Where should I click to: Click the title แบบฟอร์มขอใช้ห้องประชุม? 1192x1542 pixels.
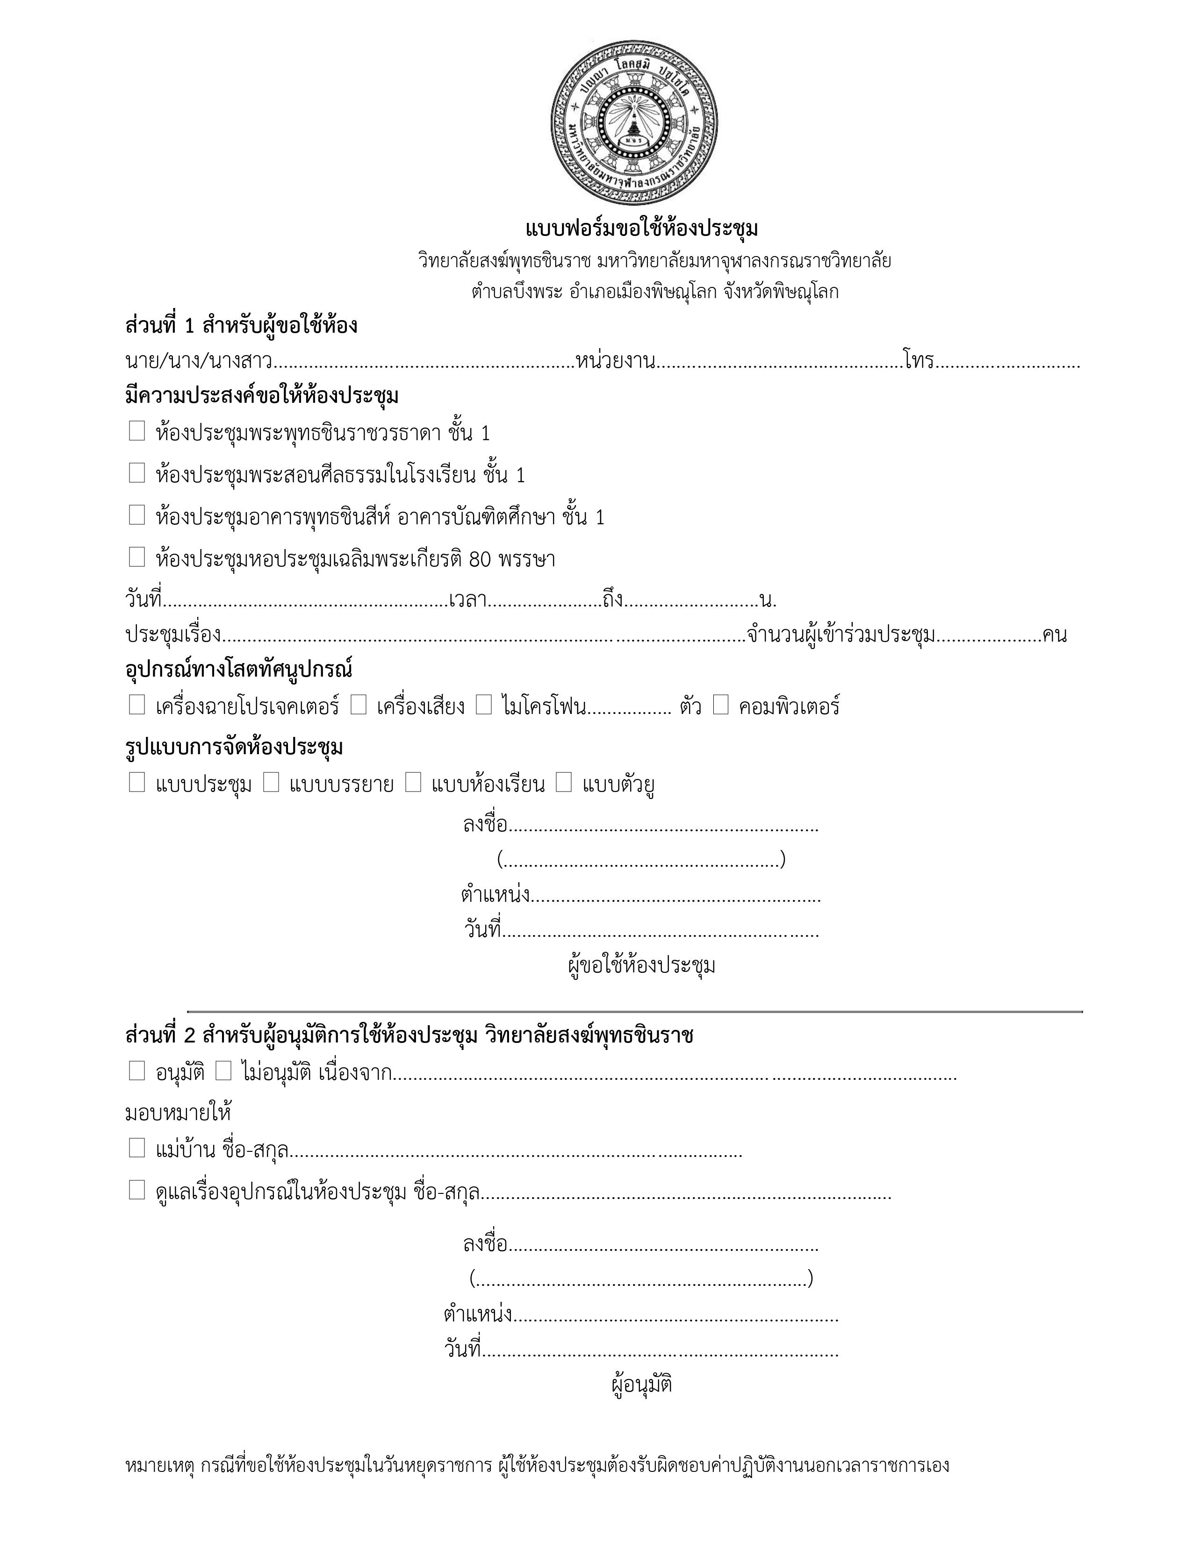641,229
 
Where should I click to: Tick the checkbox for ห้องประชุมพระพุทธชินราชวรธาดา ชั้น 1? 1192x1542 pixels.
137,431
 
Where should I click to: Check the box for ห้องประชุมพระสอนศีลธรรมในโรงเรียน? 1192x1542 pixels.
137,472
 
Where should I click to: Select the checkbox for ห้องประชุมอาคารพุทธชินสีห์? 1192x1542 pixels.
137,515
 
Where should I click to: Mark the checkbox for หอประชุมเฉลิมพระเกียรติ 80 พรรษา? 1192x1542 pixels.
137,557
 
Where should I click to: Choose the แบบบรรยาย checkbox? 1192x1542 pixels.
271,782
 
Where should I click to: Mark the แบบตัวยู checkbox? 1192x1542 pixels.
564,782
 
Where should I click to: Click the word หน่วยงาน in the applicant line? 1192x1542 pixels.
615,362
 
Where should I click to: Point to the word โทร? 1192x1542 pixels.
918,362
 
